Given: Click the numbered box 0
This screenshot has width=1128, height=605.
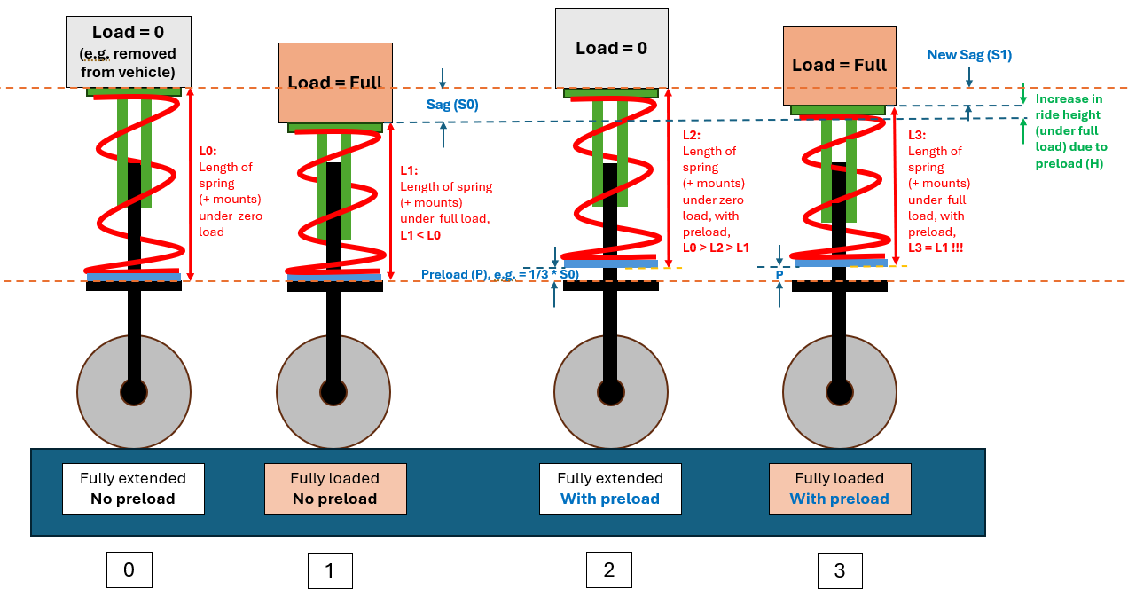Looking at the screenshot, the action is click(129, 570).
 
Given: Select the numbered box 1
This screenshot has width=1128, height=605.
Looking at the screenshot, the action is click(330, 570).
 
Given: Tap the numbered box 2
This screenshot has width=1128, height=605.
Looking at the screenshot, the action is click(609, 570).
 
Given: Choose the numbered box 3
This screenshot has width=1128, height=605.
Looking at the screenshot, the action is click(840, 570).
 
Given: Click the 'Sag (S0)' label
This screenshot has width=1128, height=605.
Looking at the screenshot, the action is click(452, 105).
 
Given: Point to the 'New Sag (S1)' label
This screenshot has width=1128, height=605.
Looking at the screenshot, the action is click(969, 54).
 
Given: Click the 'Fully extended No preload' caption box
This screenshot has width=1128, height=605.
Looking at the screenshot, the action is click(133, 488).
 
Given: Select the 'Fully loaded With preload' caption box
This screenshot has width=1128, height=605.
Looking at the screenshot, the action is click(840, 488).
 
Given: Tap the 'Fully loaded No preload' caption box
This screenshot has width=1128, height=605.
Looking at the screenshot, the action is click(335, 488).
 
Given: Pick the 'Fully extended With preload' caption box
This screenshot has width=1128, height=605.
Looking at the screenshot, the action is click(610, 488).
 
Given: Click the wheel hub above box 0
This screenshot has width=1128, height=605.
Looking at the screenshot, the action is click(134, 392).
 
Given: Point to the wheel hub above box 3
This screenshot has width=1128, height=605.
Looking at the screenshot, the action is click(840, 392).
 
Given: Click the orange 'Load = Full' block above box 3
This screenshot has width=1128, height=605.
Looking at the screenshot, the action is click(840, 66).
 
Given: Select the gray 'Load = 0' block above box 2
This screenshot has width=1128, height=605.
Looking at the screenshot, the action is click(612, 49).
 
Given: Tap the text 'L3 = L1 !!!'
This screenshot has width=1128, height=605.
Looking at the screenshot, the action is click(936, 247).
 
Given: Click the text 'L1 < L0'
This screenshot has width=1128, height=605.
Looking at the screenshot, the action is click(420, 235).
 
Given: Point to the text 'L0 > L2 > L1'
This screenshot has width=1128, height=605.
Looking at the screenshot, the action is click(716, 247).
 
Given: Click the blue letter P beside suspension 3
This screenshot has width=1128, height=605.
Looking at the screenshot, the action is click(779, 274).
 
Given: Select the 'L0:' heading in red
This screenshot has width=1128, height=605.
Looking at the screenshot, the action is click(208, 151).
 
